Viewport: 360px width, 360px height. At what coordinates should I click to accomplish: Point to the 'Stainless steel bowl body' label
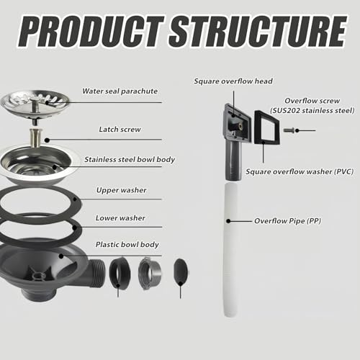coord(130,159)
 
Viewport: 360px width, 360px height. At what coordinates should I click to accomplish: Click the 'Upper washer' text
coord(122,191)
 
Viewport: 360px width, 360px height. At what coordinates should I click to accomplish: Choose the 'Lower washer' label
coord(121,217)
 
